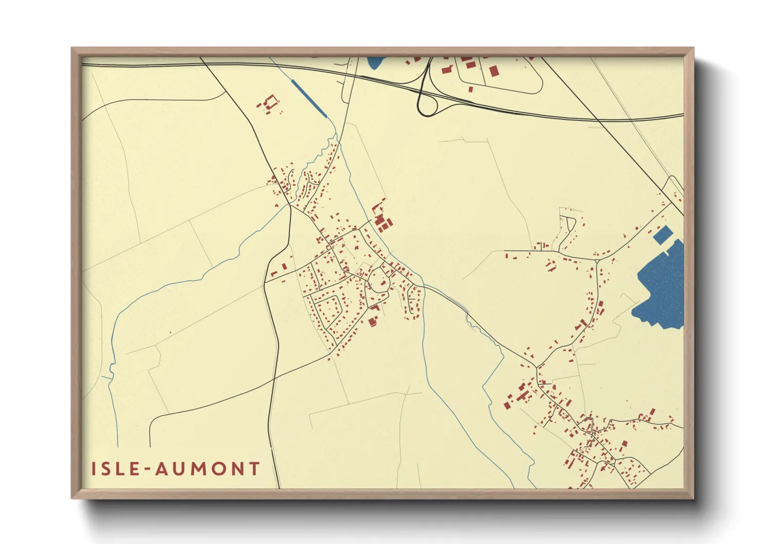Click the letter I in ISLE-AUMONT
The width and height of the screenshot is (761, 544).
pyautogui.click(x=94, y=469)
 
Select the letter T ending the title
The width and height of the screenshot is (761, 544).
pyautogui.click(x=254, y=469)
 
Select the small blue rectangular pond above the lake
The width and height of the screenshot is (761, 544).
pyautogui.click(x=662, y=235)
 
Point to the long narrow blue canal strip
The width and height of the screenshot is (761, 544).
pyautogui.click(x=309, y=98)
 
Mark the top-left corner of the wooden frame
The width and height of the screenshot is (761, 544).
pyautogui.click(x=72, y=48)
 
